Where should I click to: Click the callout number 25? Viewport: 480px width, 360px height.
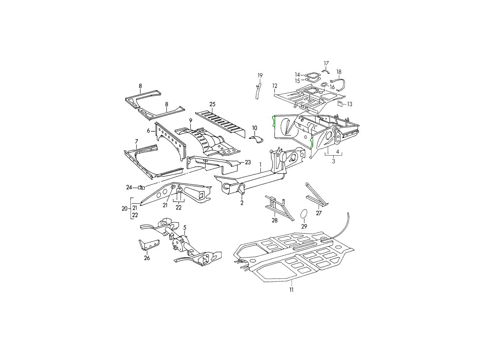pyautogui.click(x=212, y=104)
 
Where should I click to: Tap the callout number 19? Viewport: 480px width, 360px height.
pyautogui.click(x=260, y=76)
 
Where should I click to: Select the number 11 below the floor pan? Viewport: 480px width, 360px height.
pyautogui.click(x=291, y=290)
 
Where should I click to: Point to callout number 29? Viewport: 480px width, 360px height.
pyautogui.click(x=304, y=226)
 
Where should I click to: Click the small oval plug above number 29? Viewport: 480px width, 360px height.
pyautogui.click(x=304, y=214)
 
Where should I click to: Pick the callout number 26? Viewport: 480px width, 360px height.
pyautogui.click(x=147, y=258)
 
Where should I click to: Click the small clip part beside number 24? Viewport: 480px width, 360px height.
pyautogui.click(x=141, y=187)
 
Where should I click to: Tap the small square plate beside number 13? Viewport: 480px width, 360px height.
pyautogui.click(x=340, y=104)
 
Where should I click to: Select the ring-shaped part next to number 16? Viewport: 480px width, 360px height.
pyautogui.click(x=324, y=85)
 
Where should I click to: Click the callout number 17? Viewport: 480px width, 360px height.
pyautogui.click(x=326, y=63)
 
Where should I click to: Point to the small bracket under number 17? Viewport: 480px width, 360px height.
pyautogui.click(x=326, y=72)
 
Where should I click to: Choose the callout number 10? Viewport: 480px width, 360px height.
pyautogui.click(x=254, y=128)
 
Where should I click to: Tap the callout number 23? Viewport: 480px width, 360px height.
pyautogui.click(x=248, y=162)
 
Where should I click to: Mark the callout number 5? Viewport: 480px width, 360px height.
pyautogui.click(x=185, y=228)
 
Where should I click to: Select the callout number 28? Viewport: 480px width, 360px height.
pyautogui.click(x=275, y=220)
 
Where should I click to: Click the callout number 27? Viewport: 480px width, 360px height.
pyautogui.click(x=319, y=213)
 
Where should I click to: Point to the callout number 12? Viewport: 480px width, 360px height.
pyautogui.click(x=275, y=86)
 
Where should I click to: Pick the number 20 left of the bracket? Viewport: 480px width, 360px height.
pyautogui.click(x=124, y=209)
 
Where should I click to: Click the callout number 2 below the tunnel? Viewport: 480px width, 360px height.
pyautogui.click(x=242, y=203)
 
